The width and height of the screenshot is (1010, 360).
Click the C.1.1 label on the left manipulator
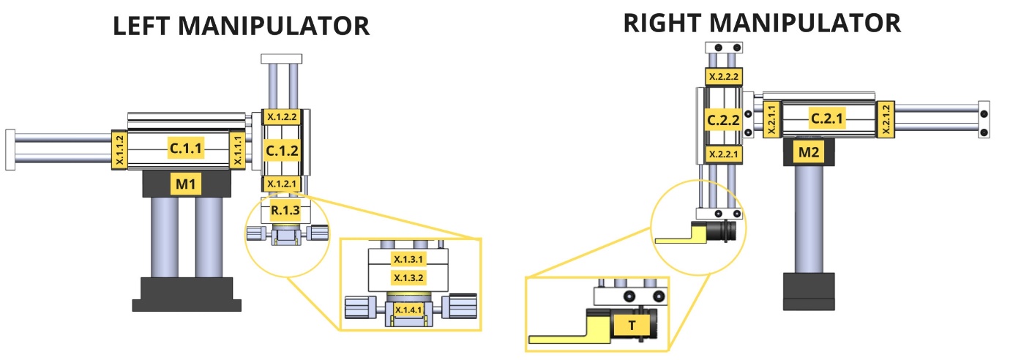click(x=186, y=148)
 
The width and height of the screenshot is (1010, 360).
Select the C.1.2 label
click(x=282, y=150)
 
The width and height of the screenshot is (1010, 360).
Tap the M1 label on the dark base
click(x=186, y=184)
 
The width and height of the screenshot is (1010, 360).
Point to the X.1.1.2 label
click(x=119, y=150)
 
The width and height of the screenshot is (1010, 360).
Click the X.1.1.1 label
click(x=238, y=150)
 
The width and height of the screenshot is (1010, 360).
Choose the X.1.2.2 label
click(x=282, y=117)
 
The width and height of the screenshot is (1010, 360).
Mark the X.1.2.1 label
click(x=282, y=184)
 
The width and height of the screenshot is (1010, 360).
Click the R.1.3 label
click(x=285, y=210)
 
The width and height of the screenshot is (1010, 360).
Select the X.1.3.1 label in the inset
click(x=408, y=259)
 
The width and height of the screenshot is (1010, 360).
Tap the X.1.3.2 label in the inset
click(x=408, y=277)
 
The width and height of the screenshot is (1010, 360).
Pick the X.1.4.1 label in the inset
click(x=408, y=310)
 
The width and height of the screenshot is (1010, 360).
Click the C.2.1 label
click(x=826, y=118)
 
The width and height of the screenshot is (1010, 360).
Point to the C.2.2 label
click(x=723, y=120)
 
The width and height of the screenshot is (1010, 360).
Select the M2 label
click(x=809, y=152)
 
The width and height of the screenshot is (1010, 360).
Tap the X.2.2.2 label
click(x=724, y=77)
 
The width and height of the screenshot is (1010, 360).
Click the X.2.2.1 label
click(x=724, y=154)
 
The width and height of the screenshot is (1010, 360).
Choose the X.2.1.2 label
click(x=886, y=119)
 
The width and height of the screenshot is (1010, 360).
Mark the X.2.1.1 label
click(x=771, y=119)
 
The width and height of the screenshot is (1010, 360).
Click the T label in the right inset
click(x=632, y=326)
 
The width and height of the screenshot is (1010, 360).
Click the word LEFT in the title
click(x=141, y=26)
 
